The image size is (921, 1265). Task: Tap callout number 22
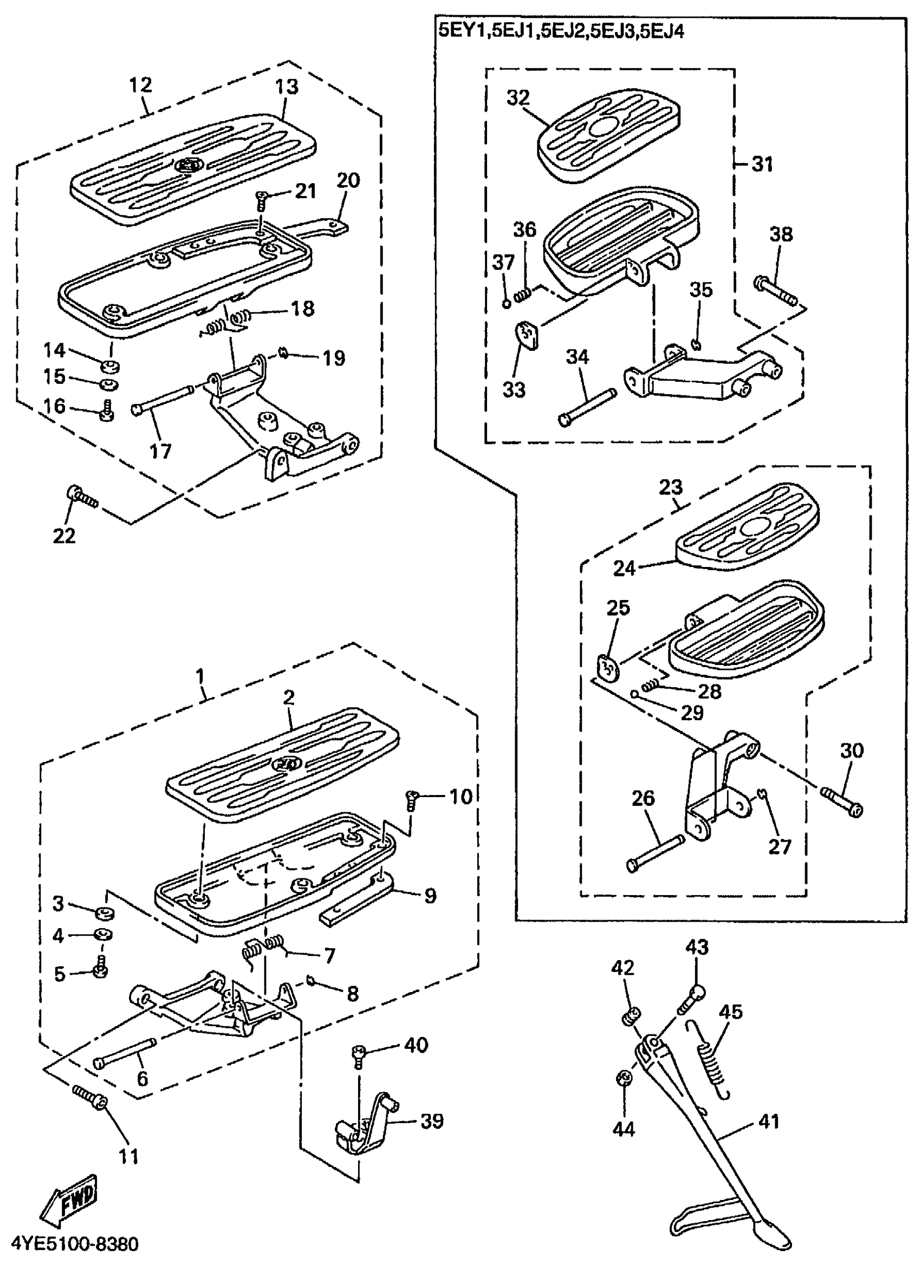[63, 536]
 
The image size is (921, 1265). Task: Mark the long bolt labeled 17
[163, 404]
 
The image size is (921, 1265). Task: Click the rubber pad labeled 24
[742, 533]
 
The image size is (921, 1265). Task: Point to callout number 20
[349, 181]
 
